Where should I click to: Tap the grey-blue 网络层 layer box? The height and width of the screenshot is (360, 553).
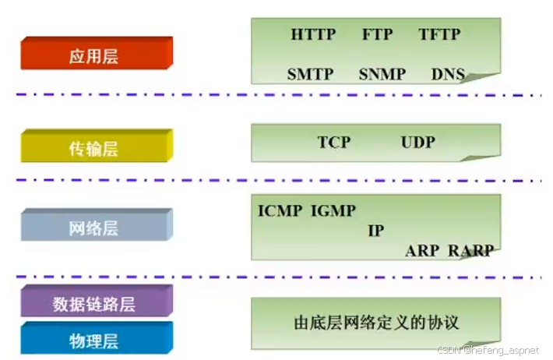point(94,228)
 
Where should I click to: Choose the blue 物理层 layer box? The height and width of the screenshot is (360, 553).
point(94,340)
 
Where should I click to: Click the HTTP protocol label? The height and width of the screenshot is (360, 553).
point(313,34)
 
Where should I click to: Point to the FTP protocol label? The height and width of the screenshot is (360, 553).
point(378,34)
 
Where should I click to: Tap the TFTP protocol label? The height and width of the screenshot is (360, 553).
point(440,34)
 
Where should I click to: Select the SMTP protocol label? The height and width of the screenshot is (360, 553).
point(310,74)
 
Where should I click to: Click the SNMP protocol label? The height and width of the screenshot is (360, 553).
point(382,74)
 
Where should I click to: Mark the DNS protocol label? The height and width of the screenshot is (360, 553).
point(447,74)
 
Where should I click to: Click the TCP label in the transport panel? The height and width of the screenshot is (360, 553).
point(334,142)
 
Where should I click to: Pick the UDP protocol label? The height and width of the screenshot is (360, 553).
point(418,142)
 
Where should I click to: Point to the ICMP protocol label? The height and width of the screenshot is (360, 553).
point(280,210)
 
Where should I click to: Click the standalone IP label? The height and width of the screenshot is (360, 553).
point(375,231)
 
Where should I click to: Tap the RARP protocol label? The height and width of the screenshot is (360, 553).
point(470,250)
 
